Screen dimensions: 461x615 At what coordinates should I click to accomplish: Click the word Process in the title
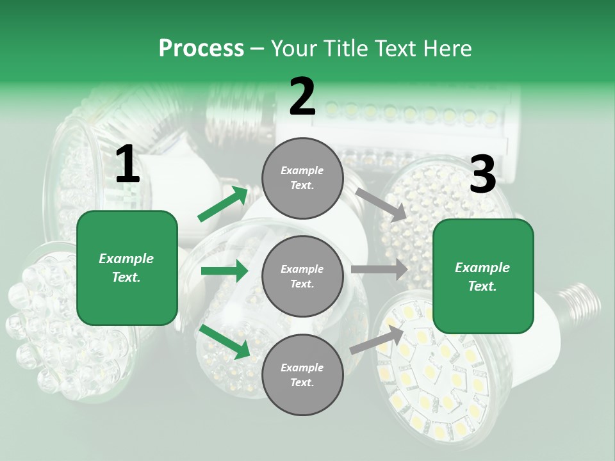click(x=201, y=49)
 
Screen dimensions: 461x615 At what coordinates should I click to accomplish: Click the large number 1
click(x=127, y=165)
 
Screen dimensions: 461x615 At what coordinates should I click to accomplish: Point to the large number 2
click(x=302, y=97)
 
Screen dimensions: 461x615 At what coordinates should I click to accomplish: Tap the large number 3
click(x=482, y=174)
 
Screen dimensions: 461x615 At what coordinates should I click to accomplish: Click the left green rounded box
click(x=127, y=268)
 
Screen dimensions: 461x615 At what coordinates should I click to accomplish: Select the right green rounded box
click(x=483, y=276)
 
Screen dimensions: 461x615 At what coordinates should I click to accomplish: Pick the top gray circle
click(x=302, y=178)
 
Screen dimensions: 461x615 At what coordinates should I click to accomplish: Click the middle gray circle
click(x=302, y=276)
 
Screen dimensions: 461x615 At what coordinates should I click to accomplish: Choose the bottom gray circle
click(x=302, y=375)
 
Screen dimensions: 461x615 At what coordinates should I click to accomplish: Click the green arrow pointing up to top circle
click(x=223, y=204)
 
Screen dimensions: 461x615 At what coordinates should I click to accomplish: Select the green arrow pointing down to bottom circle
click(x=224, y=341)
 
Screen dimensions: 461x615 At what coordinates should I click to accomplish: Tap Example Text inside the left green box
click(x=127, y=268)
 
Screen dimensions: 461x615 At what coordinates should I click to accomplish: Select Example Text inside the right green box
click(x=483, y=277)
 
